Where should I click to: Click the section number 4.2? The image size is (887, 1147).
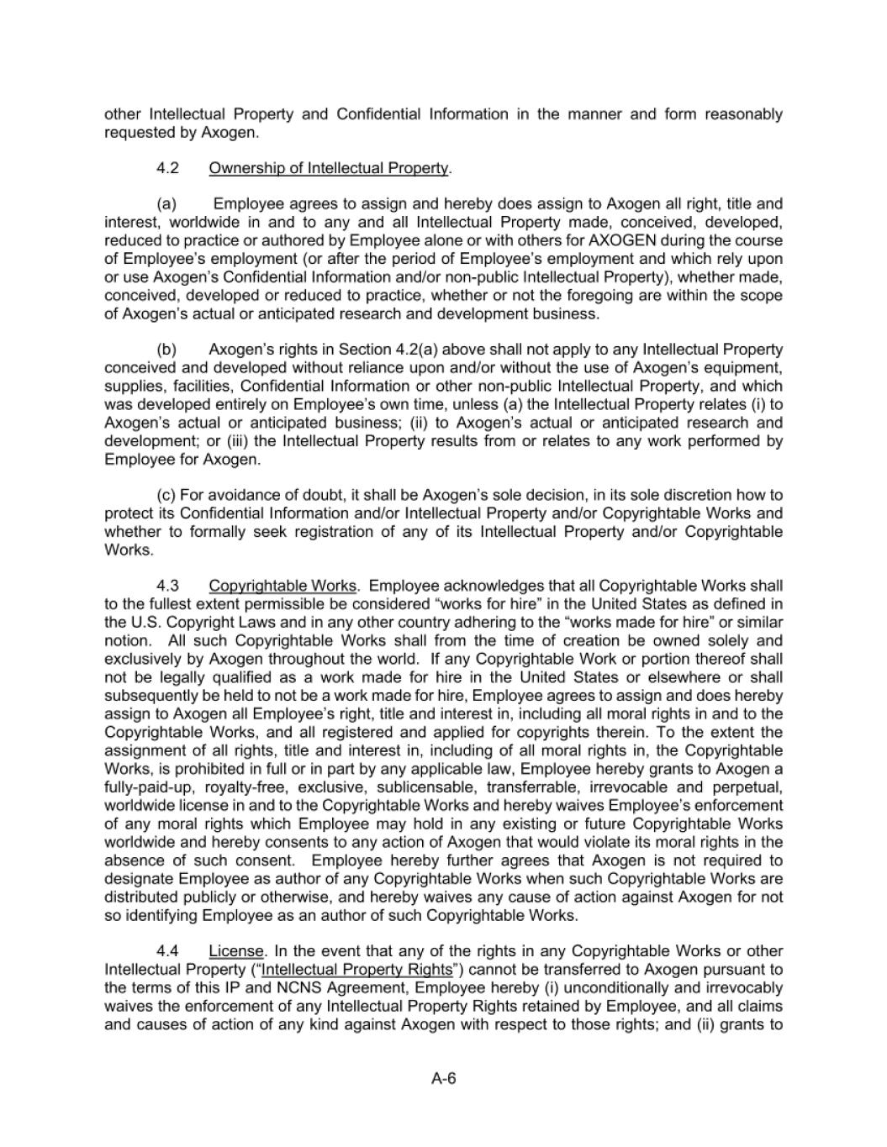click(x=168, y=168)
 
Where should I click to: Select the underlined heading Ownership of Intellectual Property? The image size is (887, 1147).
click(x=329, y=168)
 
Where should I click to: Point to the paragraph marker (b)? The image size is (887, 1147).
click(x=166, y=349)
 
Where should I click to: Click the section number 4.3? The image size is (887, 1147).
click(x=168, y=586)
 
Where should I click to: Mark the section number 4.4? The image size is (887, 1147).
click(x=168, y=951)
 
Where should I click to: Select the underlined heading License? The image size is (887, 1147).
click(x=236, y=951)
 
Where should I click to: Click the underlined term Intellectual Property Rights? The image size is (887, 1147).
click(x=357, y=970)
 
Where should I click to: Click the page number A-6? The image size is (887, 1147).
click(x=443, y=1080)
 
